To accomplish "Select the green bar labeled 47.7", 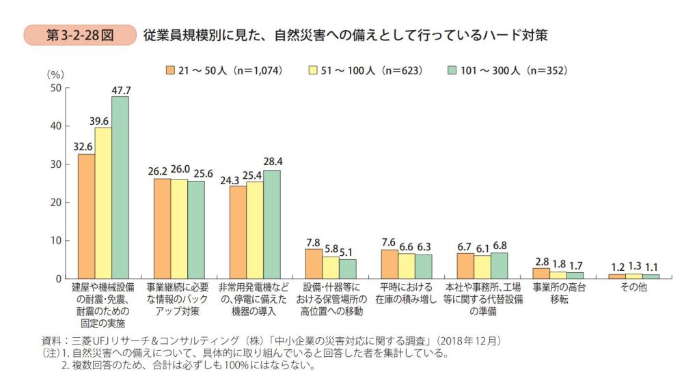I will click(120, 188).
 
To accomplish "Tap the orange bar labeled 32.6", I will click(86, 216).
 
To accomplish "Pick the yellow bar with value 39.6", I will click(103, 203).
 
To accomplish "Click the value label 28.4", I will click(272, 162).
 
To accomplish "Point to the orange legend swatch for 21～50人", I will click(171, 70).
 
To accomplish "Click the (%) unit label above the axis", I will click(55, 74).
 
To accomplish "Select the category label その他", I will click(633, 288).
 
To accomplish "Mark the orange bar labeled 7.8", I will click(313, 263).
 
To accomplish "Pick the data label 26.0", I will click(180, 170).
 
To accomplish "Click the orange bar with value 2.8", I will click(541, 273).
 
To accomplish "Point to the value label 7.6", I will click(388, 242).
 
